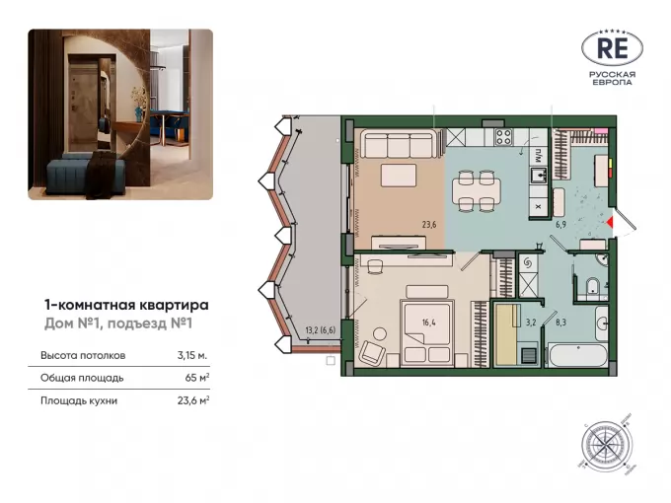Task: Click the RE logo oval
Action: (612, 48)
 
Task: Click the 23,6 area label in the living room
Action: (429, 224)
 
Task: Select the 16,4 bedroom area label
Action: (428, 323)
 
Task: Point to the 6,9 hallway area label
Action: (560, 224)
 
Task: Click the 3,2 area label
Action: (531, 323)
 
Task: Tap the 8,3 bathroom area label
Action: (560, 323)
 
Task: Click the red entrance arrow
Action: (610, 223)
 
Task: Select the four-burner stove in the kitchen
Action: (503, 137)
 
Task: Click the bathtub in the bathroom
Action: (578, 355)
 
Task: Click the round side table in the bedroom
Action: (379, 333)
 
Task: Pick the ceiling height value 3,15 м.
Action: (192, 355)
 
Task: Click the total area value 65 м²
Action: (197, 378)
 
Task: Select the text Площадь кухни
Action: (79, 401)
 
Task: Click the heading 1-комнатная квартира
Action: (126, 306)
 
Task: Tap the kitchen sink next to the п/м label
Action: (539, 175)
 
